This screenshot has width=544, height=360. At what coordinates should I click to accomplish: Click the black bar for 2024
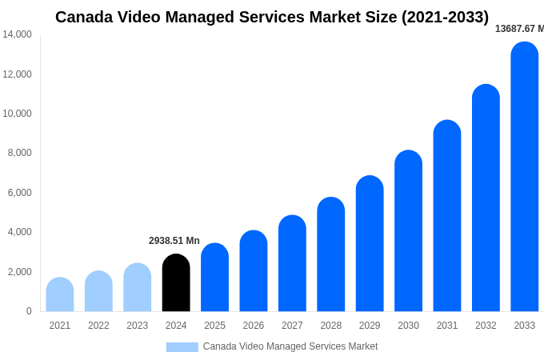[x=176, y=283]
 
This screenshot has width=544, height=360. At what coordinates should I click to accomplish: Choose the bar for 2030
[x=408, y=231]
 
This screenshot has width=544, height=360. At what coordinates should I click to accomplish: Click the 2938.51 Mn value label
[x=174, y=241]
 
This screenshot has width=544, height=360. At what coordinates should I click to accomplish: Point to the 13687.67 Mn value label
[x=518, y=29]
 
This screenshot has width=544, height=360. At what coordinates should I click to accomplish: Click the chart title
[x=272, y=17]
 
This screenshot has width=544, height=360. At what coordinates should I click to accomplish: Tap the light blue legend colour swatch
[x=182, y=346]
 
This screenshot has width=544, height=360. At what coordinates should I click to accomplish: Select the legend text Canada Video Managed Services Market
[x=290, y=346]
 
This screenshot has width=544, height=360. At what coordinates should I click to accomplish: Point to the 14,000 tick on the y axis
[x=17, y=34]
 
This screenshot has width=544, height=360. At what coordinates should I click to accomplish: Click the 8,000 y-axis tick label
[x=19, y=153]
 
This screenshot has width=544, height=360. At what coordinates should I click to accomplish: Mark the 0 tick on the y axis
[x=29, y=311]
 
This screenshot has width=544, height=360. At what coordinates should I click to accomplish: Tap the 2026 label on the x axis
[x=254, y=326]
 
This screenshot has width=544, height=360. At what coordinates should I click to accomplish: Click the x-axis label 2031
[x=447, y=326]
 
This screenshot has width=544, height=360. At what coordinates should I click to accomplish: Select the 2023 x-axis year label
[x=138, y=326]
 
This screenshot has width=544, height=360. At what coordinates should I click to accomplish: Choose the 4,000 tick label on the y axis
[x=19, y=232]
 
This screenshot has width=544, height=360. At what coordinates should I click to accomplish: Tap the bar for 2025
[x=214, y=278]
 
